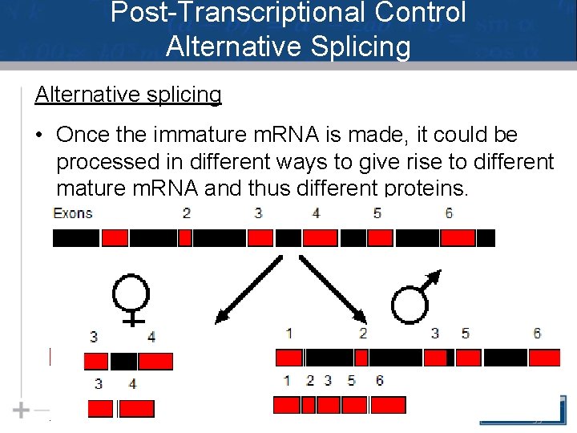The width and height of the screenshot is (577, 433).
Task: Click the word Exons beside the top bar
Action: pos(72,213)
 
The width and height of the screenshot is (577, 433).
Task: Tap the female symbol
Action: pos(131,296)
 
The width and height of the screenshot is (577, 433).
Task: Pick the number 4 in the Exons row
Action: pos(316,213)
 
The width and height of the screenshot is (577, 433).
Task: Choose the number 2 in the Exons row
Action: pos(187,213)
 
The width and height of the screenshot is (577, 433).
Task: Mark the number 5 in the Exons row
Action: pos(377,213)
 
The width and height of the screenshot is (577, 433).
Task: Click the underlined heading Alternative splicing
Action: pos(128,95)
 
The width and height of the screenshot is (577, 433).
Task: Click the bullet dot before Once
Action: pos(39,135)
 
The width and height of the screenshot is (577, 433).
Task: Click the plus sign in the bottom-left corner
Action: pos(21,410)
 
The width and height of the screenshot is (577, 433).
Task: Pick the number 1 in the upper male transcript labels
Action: pos(288,334)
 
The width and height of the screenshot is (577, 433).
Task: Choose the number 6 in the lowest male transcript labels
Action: pos(379,380)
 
